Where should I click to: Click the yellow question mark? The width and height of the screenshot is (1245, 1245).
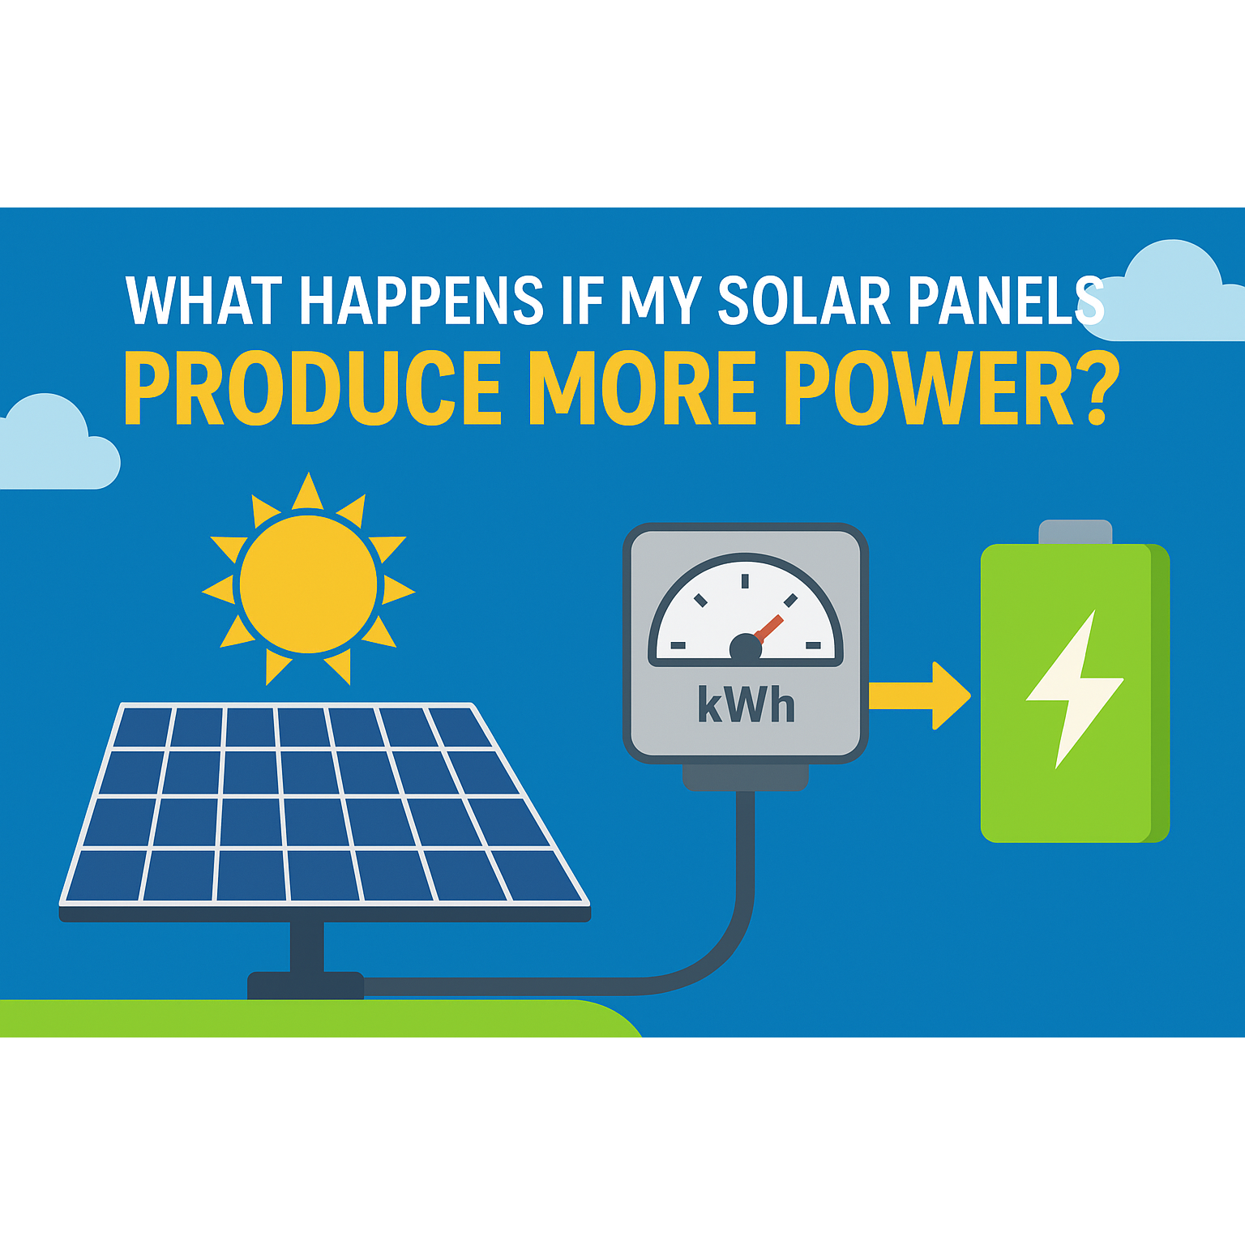pyautogui.click(x=1100, y=388)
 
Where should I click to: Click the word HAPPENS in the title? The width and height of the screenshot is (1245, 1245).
pyautogui.click(x=421, y=301)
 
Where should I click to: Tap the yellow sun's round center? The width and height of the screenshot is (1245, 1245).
pyautogui.click(x=308, y=584)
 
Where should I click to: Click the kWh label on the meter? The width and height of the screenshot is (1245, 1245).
pyautogui.click(x=746, y=704)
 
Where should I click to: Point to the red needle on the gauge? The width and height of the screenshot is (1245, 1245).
pyautogui.click(x=767, y=629)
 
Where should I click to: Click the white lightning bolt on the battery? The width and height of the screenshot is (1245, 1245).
pyautogui.click(x=1075, y=689)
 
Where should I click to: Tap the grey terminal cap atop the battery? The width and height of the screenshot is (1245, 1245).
pyautogui.click(x=1076, y=532)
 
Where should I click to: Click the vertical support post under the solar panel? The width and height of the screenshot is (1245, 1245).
pyautogui.click(x=307, y=947)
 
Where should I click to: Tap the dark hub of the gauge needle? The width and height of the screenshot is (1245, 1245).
pyautogui.click(x=746, y=648)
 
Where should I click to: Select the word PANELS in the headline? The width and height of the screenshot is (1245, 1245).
pyautogui.click(x=1006, y=301)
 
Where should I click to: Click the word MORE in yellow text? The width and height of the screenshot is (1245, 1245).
pyautogui.click(x=643, y=388)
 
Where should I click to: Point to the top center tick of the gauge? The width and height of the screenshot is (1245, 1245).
pyautogui.click(x=745, y=580)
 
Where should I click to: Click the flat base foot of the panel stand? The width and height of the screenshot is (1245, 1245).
pyautogui.click(x=306, y=985)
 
